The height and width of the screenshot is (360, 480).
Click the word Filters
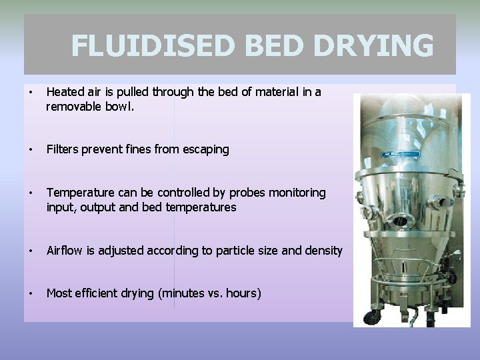click(63, 150)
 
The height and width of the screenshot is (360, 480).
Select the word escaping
click(206, 150)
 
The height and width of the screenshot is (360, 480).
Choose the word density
click(323, 251)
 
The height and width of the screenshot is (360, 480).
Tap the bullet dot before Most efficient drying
click(31, 293)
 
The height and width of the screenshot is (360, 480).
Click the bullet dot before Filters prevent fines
click(31, 150)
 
